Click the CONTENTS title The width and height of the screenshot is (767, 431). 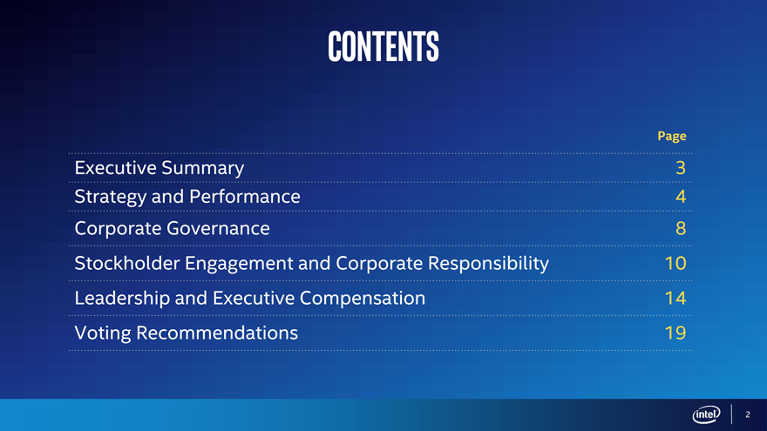tap(383, 46)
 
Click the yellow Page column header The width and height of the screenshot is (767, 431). tap(672, 137)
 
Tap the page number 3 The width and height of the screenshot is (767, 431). tap(681, 168)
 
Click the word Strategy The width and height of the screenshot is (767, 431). tap(111, 198)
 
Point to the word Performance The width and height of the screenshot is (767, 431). tap(245, 197)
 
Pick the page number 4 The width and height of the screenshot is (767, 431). tap(681, 197)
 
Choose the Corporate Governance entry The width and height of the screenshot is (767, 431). tap(173, 229)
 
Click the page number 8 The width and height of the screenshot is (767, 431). tap(681, 228)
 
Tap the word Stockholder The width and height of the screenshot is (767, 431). tap(127, 263)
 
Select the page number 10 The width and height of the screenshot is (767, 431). tap(675, 263)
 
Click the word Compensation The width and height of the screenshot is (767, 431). tap(363, 299)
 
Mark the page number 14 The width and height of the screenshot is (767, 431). tap(675, 298)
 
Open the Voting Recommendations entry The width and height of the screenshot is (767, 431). tap(186, 333)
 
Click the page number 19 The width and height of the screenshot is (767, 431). tap(675, 333)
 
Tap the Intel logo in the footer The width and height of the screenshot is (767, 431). tap(706, 414)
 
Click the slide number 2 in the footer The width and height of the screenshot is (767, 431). tap(748, 414)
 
